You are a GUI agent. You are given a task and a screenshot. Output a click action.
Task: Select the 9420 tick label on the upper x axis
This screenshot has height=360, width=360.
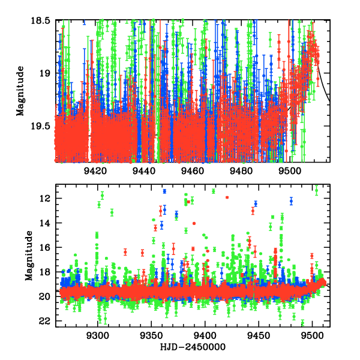coord(95,171)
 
